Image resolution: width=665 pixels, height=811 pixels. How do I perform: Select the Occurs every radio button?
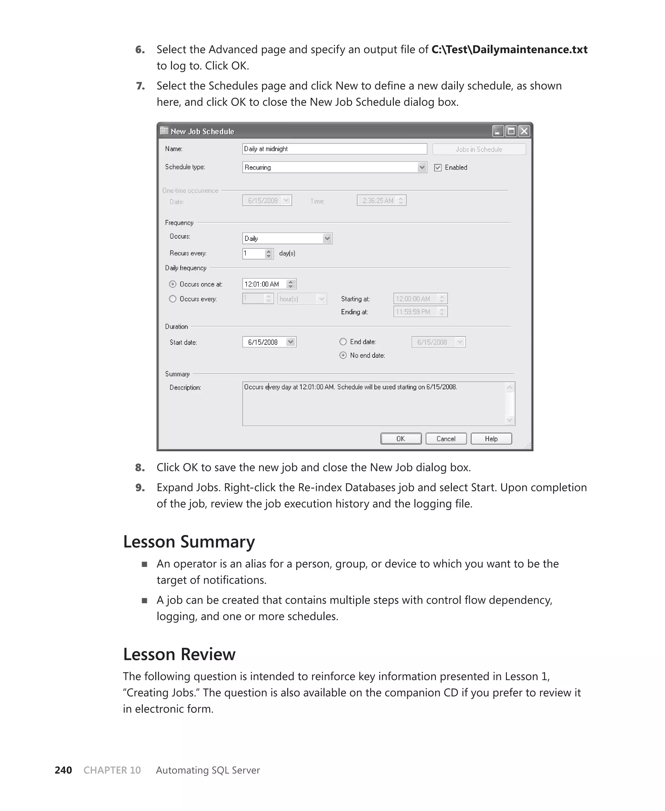173,299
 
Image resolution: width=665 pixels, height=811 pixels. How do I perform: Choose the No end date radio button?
343,355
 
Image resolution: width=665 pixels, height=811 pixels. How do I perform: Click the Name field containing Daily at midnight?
334,149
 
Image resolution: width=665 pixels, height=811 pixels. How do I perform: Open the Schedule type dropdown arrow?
422,167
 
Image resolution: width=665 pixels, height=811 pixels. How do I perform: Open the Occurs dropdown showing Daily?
287,238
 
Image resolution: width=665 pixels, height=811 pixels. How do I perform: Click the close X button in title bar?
524,131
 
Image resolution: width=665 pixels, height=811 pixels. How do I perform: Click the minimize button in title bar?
497,131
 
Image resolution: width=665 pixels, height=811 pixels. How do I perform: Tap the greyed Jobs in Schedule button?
479,149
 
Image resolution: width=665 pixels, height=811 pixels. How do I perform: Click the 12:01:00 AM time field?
264,284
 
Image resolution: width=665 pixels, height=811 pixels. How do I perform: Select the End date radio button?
343,342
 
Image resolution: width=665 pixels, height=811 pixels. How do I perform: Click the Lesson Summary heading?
189,542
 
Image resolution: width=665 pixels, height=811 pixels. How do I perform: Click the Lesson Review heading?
179,654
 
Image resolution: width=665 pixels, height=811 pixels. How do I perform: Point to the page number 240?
63,770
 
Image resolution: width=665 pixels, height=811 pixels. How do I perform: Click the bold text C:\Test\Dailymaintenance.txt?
509,49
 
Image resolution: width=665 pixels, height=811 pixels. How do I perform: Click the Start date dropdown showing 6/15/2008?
269,342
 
